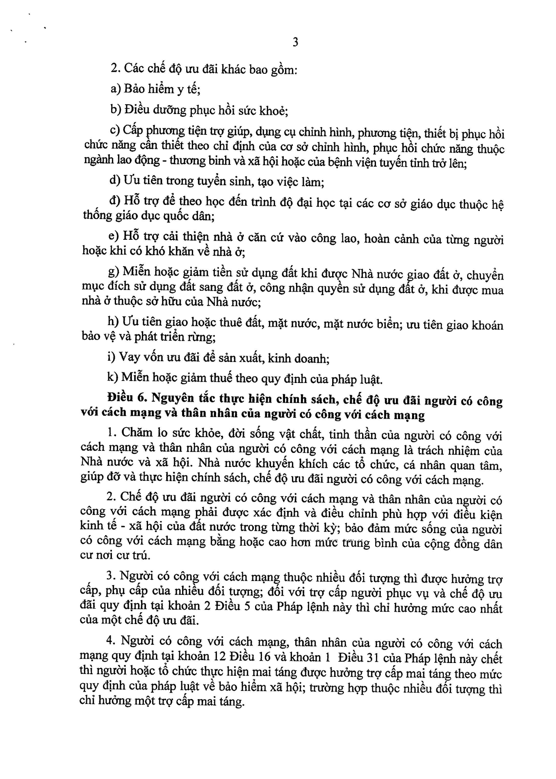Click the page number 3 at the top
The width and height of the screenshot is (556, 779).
click(295, 42)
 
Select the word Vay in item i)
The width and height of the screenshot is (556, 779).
click(130, 357)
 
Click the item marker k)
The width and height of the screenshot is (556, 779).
click(112, 377)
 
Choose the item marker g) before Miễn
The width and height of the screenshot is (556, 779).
click(114, 271)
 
